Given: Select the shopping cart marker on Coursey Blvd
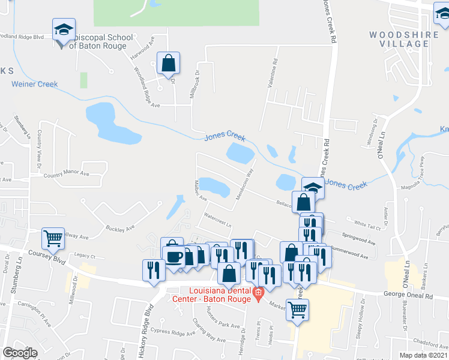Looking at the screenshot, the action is point(53,239).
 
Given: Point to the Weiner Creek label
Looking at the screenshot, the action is point(35,84).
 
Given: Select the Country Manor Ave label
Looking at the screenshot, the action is point(67,175).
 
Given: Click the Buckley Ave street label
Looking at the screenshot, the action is point(120,229).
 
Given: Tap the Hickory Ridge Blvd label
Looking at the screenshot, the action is point(148,324).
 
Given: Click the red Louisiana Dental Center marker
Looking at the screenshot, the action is point(258,293).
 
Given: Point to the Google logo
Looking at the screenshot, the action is point(20,352).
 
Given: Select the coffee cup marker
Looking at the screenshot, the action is point(175,257).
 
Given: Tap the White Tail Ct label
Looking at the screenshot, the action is point(368,224).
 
